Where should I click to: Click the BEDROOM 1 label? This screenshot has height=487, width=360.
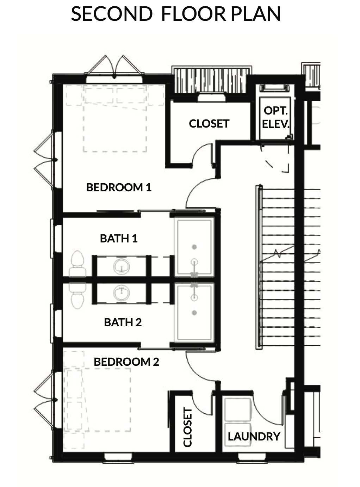pyautogui.click(x=119, y=187)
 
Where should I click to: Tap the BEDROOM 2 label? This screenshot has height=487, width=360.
pyautogui.click(x=126, y=362)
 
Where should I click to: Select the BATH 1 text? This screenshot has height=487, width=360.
pyautogui.click(x=119, y=239)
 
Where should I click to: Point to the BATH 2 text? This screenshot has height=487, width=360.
pyautogui.click(x=123, y=322)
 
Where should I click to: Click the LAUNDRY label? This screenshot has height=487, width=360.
pyautogui.click(x=254, y=437)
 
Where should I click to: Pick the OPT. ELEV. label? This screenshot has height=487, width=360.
pyautogui.click(x=276, y=117)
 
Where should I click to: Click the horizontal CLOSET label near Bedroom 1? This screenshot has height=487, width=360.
pyautogui.click(x=209, y=124)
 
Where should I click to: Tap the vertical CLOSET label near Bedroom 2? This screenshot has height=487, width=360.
pyautogui.click(x=188, y=427)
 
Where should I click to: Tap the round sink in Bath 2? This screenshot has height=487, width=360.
pyautogui.click(x=122, y=293)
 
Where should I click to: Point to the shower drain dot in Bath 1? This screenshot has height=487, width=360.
pyautogui.click(x=194, y=247)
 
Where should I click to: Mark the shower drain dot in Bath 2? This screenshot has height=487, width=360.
pyautogui.click(x=194, y=313)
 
